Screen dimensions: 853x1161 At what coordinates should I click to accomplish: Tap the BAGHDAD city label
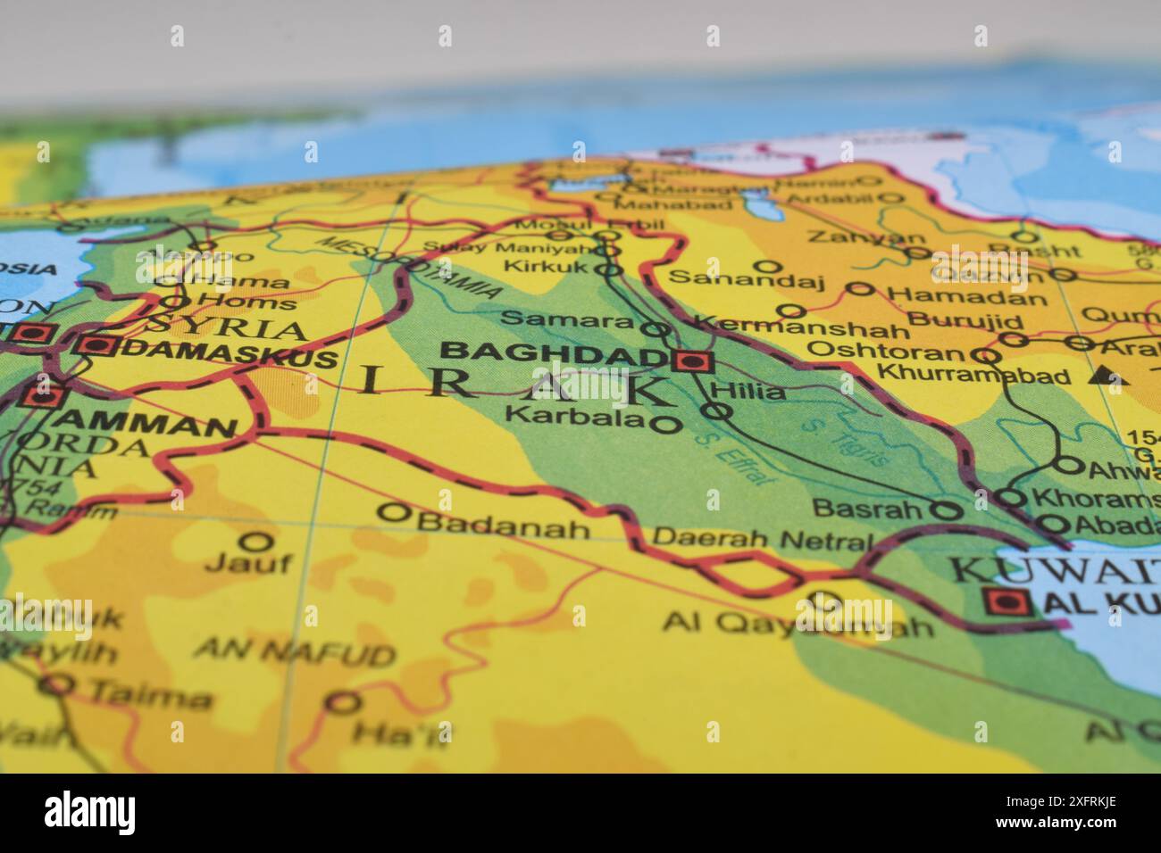tap(555, 353)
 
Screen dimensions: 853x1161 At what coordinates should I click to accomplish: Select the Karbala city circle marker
tap(665, 425)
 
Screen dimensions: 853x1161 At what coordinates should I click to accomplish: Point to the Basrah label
tap(867, 509)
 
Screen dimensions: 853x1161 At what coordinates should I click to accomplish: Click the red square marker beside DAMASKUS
tap(97, 346)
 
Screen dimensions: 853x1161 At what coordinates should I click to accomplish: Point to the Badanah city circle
tap(394, 513)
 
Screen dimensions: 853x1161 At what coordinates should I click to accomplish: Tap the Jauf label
tap(248, 563)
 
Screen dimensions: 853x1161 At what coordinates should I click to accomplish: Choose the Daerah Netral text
tap(762, 539)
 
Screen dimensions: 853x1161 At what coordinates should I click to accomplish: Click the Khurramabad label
tap(973, 375)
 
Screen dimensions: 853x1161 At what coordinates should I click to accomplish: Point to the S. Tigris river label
tap(844, 443)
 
